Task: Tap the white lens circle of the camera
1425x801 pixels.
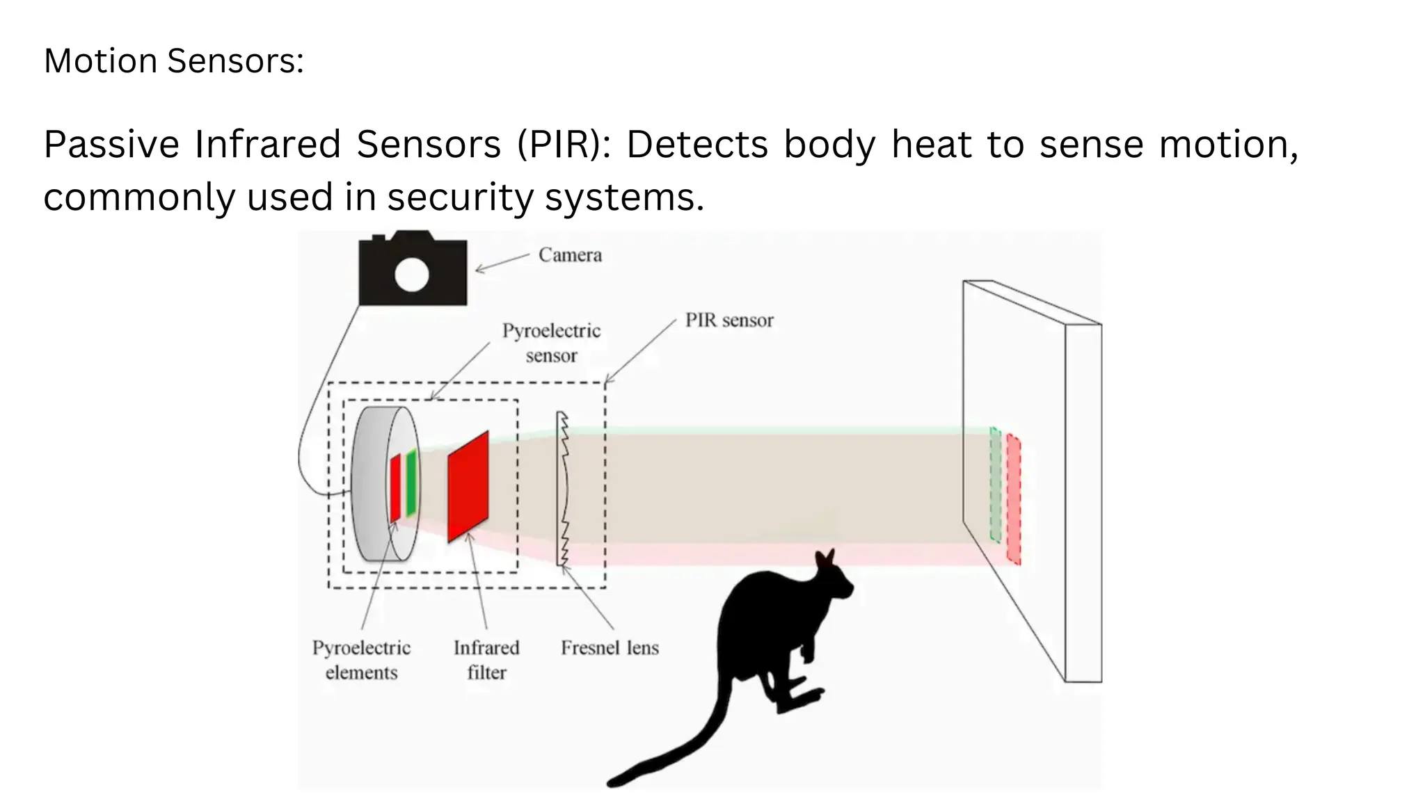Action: point(411,275)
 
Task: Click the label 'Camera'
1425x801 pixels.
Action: point(570,255)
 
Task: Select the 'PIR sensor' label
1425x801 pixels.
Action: point(729,321)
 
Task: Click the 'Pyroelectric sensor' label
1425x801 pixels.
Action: point(551,343)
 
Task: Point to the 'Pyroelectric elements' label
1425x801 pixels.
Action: point(361,660)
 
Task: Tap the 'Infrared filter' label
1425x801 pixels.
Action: point(486,660)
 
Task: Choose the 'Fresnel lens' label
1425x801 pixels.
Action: point(610,648)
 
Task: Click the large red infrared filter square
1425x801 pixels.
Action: point(468,487)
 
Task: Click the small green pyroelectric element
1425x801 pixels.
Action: point(411,483)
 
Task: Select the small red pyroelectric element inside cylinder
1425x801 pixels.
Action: point(395,488)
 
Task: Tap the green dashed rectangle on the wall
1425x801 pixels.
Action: point(995,485)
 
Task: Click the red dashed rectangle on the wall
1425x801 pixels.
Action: point(1013,499)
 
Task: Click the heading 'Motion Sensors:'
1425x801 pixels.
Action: point(174,61)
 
